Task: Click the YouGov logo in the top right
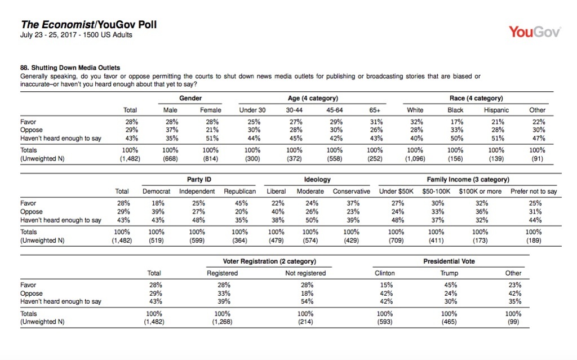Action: pyautogui.click(x=534, y=32)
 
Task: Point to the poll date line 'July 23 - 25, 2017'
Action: pyautogui.click(x=76, y=35)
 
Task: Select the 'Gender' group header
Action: pyautogui.click(x=190, y=99)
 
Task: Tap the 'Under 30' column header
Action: pyautogui.click(x=252, y=110)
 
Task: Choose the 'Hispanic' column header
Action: pyautogui.click(x=496, y=110)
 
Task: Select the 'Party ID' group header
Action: pyautogui.click(x=199, y=180)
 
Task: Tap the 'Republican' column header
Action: pyautogui.click(x=239, y=191)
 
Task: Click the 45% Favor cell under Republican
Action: pyautogui.click(x=241, y=202)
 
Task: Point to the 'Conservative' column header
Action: pyautogui.click(x=351, y=191)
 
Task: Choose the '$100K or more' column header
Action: pyautogui.click(x=480, y=191)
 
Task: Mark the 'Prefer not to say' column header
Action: pyautogui.click(x=533, y=191)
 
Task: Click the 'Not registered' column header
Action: pyautogui.click(x=305, y=273)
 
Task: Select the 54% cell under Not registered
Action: pyautogui.click(x=306, y=301)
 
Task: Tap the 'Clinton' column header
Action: pyautogui.click(x=385, y=273)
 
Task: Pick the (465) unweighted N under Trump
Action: pyautogui.click(x=449, y=322)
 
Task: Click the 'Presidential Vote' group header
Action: pyautogui.click(x=449, y=261)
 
